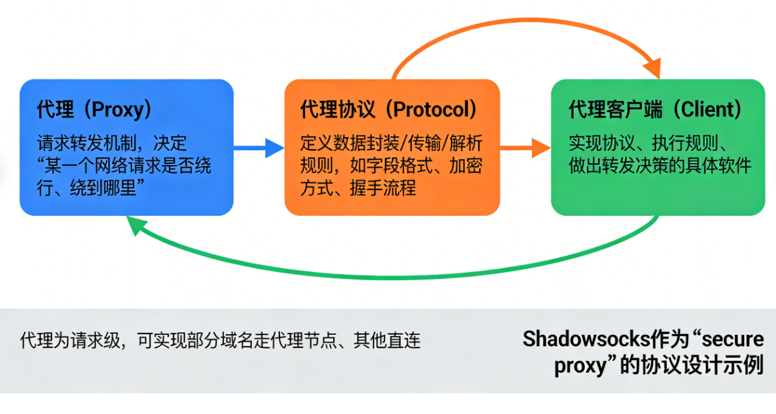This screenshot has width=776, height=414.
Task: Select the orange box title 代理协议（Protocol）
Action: click(x=390, y=110)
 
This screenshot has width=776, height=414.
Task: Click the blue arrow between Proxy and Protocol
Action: click(x=259, y=148)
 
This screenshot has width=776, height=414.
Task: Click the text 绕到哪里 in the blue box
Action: click(x=109, y=188)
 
